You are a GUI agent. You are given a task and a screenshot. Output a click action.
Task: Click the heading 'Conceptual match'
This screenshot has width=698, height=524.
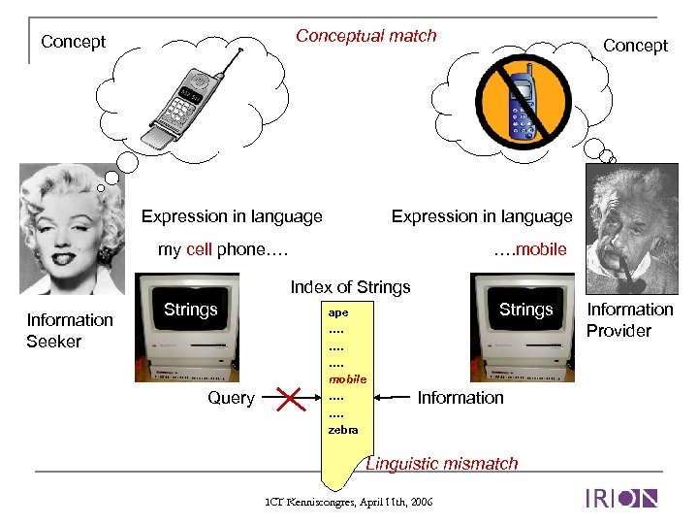pos(365,36)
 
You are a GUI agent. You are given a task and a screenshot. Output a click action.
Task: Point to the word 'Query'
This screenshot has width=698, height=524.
pos(232,398)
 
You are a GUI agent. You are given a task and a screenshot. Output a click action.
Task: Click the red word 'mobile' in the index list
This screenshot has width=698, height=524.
pos(347,379)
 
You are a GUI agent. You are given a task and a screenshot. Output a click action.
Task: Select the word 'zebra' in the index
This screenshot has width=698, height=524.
pos(343,429)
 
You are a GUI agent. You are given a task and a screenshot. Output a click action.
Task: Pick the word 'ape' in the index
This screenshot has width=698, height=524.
pos(338,313)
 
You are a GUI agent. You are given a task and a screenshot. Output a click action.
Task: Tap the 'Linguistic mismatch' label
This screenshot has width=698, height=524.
pos(442,464)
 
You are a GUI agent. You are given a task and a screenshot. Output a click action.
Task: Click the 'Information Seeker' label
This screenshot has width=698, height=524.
pos(69,330)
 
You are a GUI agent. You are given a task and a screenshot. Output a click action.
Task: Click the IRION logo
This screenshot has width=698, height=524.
pos(621,499)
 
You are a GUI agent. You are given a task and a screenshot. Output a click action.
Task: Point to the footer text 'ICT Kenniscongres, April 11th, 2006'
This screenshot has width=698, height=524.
pos(348,502)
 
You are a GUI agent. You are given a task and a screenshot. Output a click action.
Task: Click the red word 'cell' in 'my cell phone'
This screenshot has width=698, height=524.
pos(199,249)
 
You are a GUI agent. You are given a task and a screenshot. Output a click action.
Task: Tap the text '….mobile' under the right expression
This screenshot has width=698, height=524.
pos(529,249)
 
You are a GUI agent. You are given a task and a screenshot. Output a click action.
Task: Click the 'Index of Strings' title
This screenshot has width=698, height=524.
pos(350,287)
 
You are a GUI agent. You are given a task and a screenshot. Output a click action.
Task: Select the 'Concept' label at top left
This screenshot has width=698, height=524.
pos(74,42)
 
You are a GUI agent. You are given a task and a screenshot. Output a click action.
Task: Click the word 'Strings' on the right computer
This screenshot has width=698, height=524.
pos(525,310)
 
